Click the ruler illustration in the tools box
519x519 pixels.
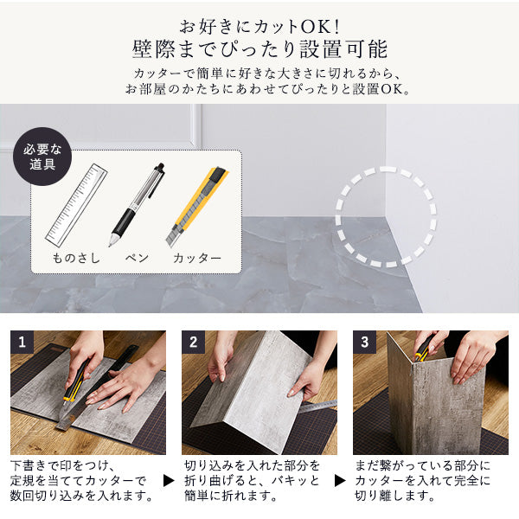76,205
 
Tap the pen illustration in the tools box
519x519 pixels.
137,204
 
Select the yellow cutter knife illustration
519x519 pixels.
197,207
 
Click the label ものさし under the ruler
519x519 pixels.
76,258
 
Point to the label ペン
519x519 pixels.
137,258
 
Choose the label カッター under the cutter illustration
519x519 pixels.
197,258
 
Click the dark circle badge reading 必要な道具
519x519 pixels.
42,157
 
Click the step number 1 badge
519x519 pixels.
22,342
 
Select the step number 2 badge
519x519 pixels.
193,342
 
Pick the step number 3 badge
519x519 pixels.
364,342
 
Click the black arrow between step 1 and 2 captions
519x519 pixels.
169,481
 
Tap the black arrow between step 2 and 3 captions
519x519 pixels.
340,481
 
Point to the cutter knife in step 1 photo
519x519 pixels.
76,381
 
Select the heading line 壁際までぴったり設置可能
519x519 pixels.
259,49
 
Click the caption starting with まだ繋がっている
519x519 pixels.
422,481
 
